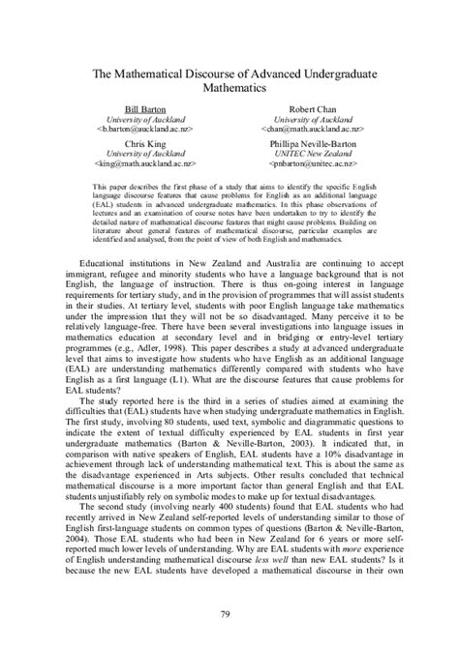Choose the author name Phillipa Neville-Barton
click(x=312, y=141)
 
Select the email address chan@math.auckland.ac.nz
click(x=312, y=128)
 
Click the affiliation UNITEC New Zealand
click(x=312, y=152)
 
